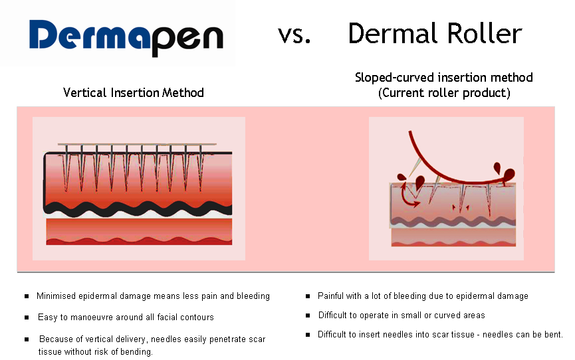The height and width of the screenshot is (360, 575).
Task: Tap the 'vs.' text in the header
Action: click(294, 35)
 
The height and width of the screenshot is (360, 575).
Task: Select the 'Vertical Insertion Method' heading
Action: click(134, 93)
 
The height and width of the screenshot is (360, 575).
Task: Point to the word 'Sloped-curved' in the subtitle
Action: click(394, 77)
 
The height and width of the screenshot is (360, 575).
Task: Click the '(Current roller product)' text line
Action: click(444, 93)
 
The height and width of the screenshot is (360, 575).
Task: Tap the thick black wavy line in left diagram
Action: click(138, 209)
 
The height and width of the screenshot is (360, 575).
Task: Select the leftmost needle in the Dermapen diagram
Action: click(66, 167)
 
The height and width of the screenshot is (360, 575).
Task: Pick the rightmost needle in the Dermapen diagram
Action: click(201, 167)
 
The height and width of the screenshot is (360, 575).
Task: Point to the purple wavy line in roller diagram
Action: click(453, 221)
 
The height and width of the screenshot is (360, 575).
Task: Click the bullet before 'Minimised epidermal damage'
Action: click(27, 296)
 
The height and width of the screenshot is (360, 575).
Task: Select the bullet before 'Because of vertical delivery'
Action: click(27, 339)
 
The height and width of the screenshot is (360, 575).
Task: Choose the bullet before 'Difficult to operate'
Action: click(308, 315)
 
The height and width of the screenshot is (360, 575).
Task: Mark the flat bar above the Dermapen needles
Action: click(137, 144)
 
